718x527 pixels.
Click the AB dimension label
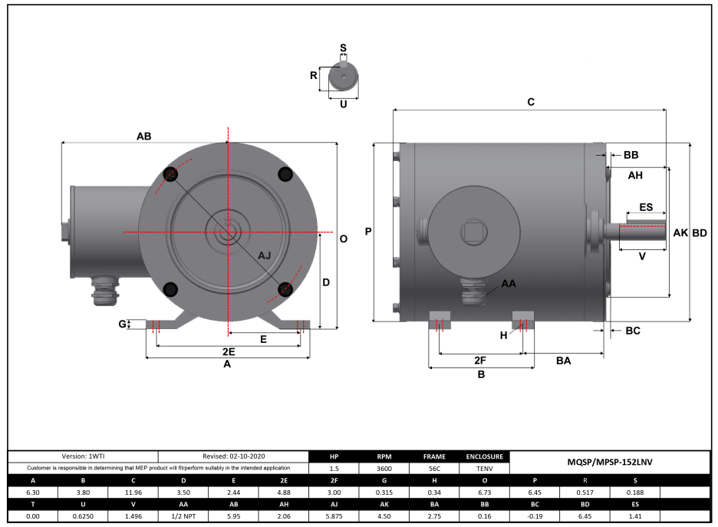coord(143,136)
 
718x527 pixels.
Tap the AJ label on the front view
coord(264,255)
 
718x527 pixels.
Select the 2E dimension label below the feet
coord(228,351)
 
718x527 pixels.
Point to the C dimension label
coord(530,102)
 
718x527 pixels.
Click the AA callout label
coord(509,283)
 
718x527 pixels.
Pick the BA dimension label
coord(564,359)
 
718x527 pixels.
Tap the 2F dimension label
coord(480,359)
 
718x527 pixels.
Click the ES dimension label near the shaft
coord(646,208)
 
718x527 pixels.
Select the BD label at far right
coord(700,232)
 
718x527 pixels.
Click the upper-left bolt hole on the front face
coord(170,175)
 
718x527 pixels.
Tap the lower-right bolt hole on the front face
coord(286,289)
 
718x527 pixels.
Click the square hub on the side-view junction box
coord(469,231)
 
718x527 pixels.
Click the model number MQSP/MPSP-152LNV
coord(609,462)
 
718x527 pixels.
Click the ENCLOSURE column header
coord(483,456)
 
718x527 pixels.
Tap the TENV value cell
coord(483,468)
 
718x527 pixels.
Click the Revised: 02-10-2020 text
coord(233,456)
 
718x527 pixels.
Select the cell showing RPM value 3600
coord(383,468)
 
